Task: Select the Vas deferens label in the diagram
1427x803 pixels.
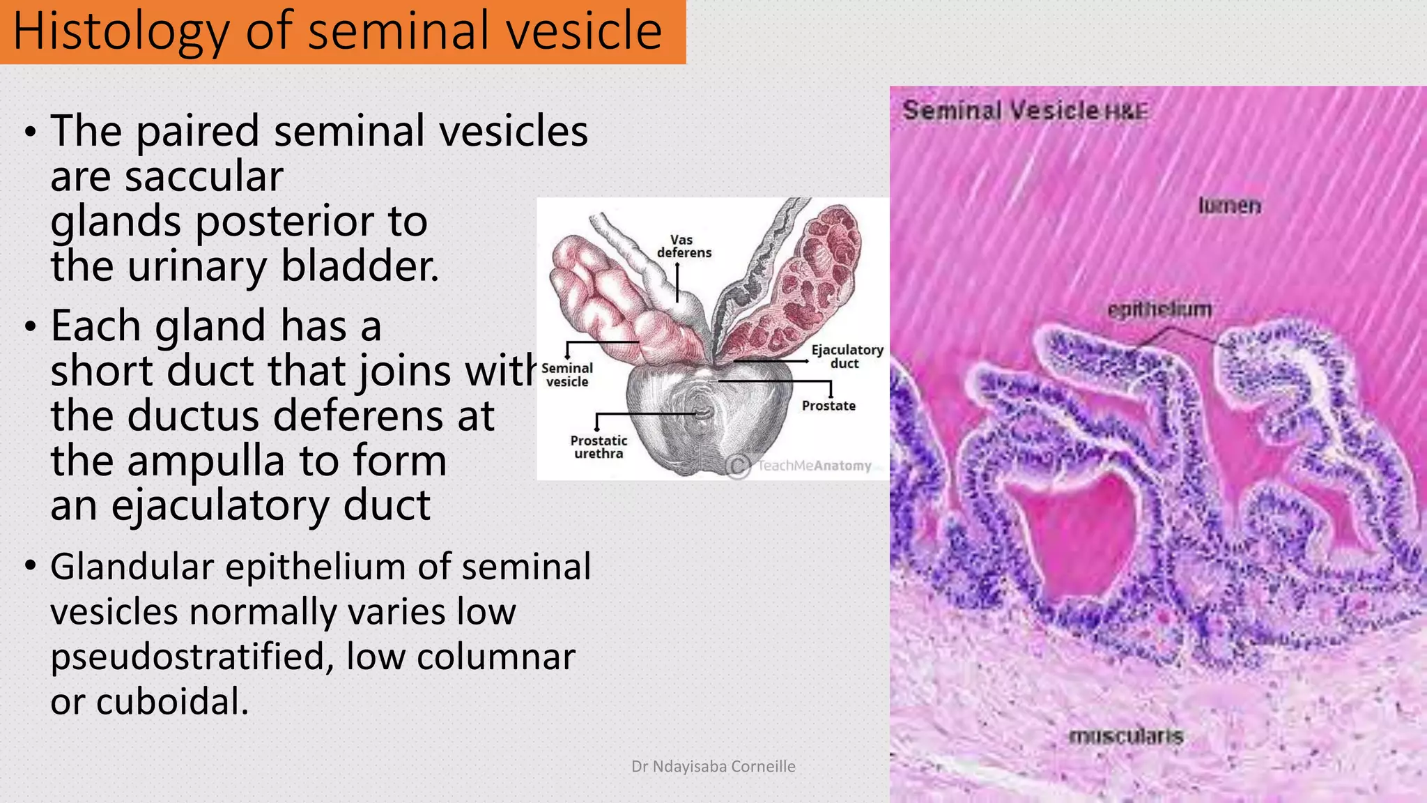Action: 684,246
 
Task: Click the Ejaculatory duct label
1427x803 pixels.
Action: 847,356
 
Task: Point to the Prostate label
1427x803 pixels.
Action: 828,406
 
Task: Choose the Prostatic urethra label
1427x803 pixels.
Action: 599,447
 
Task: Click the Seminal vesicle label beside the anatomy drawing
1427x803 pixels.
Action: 567,374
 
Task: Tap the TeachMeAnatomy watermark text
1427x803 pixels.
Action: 814,466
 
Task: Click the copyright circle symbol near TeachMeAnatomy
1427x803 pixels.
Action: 737,466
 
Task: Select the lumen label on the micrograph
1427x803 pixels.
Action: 1229,206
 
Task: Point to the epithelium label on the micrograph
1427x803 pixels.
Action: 1159,309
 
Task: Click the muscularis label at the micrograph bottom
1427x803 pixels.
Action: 1126,736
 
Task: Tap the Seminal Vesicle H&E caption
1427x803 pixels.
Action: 1024,110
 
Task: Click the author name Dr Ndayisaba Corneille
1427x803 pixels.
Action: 713,766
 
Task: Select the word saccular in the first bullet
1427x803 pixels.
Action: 204,176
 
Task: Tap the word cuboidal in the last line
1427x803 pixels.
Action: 172,701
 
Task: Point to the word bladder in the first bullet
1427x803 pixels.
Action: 360,266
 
